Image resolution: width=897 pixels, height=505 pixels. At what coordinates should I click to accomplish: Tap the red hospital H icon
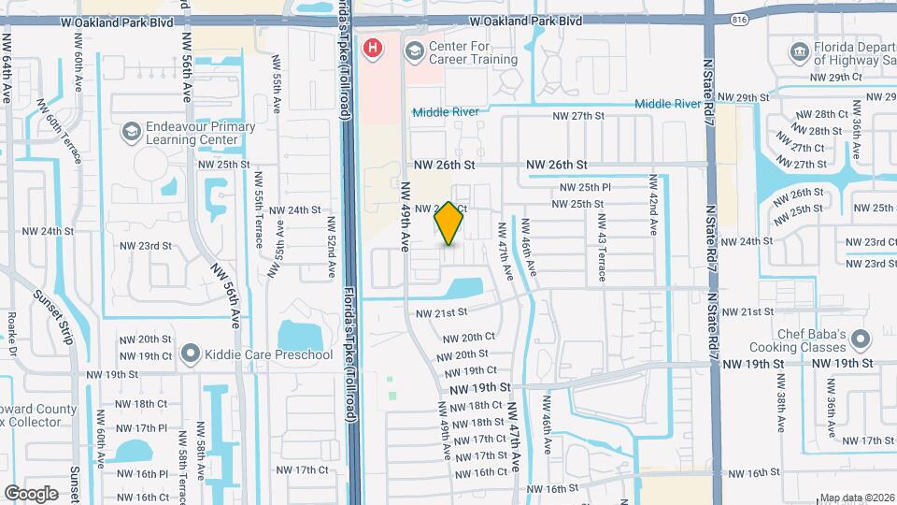(374, 48)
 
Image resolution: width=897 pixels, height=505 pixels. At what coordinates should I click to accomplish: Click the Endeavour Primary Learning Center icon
(131, 133)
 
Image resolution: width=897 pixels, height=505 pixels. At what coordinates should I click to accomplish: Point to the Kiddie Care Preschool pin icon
(191, 354)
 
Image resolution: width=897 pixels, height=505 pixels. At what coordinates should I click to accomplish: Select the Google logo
(31, 493)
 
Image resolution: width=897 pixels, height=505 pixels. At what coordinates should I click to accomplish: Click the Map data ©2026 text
(857, 498)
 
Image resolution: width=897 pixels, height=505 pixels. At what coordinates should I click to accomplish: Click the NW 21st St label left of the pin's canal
(440, 312)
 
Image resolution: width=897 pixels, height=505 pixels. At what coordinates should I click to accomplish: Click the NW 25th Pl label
(585, 188)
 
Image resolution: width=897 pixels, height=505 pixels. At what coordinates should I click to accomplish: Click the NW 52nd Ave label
(331, 249)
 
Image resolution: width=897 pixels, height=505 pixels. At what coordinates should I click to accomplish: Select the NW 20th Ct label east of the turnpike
(468, 338)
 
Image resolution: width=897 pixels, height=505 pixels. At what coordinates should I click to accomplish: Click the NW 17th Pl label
(149, 428)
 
